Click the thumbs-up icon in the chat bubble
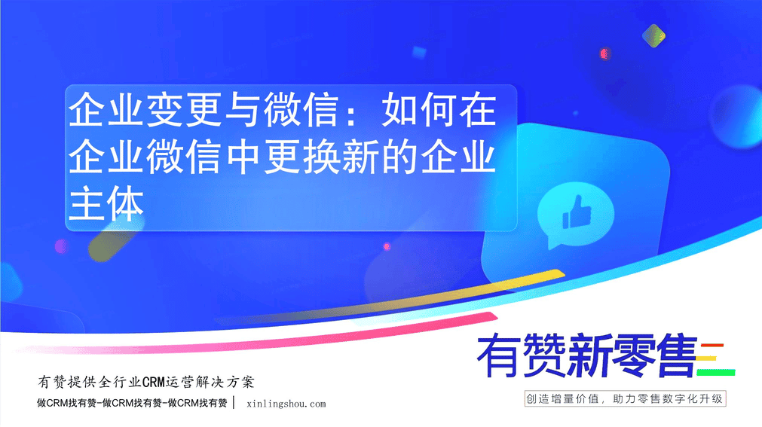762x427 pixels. tap(577, 212)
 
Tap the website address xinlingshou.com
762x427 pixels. tap(286, 404)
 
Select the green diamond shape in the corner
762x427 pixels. tap(653, 35)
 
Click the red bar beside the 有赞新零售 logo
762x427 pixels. tap(712, 346)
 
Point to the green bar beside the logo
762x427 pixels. tap(716, 372)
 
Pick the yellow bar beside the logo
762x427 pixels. tap(707, 359)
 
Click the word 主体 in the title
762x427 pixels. tap(106, 203)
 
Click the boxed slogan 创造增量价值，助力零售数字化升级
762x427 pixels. tap(625, 399)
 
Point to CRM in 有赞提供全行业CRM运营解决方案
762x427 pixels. tap(154, 383)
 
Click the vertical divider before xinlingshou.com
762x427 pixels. tap(234, 403)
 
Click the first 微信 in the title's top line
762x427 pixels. tap(301, 111)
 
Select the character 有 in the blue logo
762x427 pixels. tap(500, 355)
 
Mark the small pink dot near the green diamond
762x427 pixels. tap(604, 53)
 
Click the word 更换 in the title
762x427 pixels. tap(303, 157)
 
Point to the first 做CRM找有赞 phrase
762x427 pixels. tap(66, 403)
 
